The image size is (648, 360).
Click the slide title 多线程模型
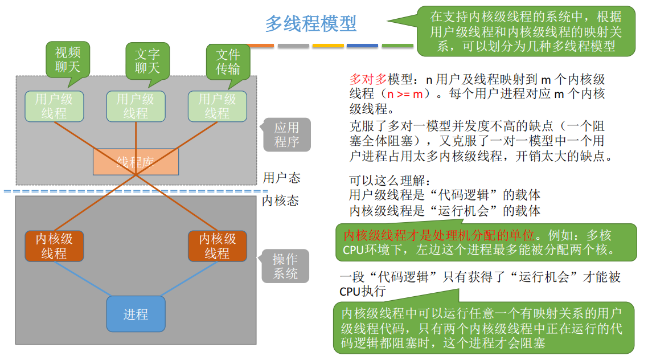[311, 24]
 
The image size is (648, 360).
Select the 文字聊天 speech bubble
[147, 61]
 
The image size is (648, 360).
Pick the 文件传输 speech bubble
[228, 62]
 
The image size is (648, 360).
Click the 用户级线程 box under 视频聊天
[54, 106]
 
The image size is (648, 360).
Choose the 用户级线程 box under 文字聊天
[136, 106]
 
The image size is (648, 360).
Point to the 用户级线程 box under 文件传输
[218, 106]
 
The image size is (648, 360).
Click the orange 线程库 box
[136, 162]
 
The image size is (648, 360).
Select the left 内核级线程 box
[54, 246]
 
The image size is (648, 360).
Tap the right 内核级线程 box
[218, 246]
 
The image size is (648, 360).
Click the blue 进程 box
[136, 314]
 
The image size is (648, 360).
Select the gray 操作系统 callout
[285, 266]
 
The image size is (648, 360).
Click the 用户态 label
[281, 178]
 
